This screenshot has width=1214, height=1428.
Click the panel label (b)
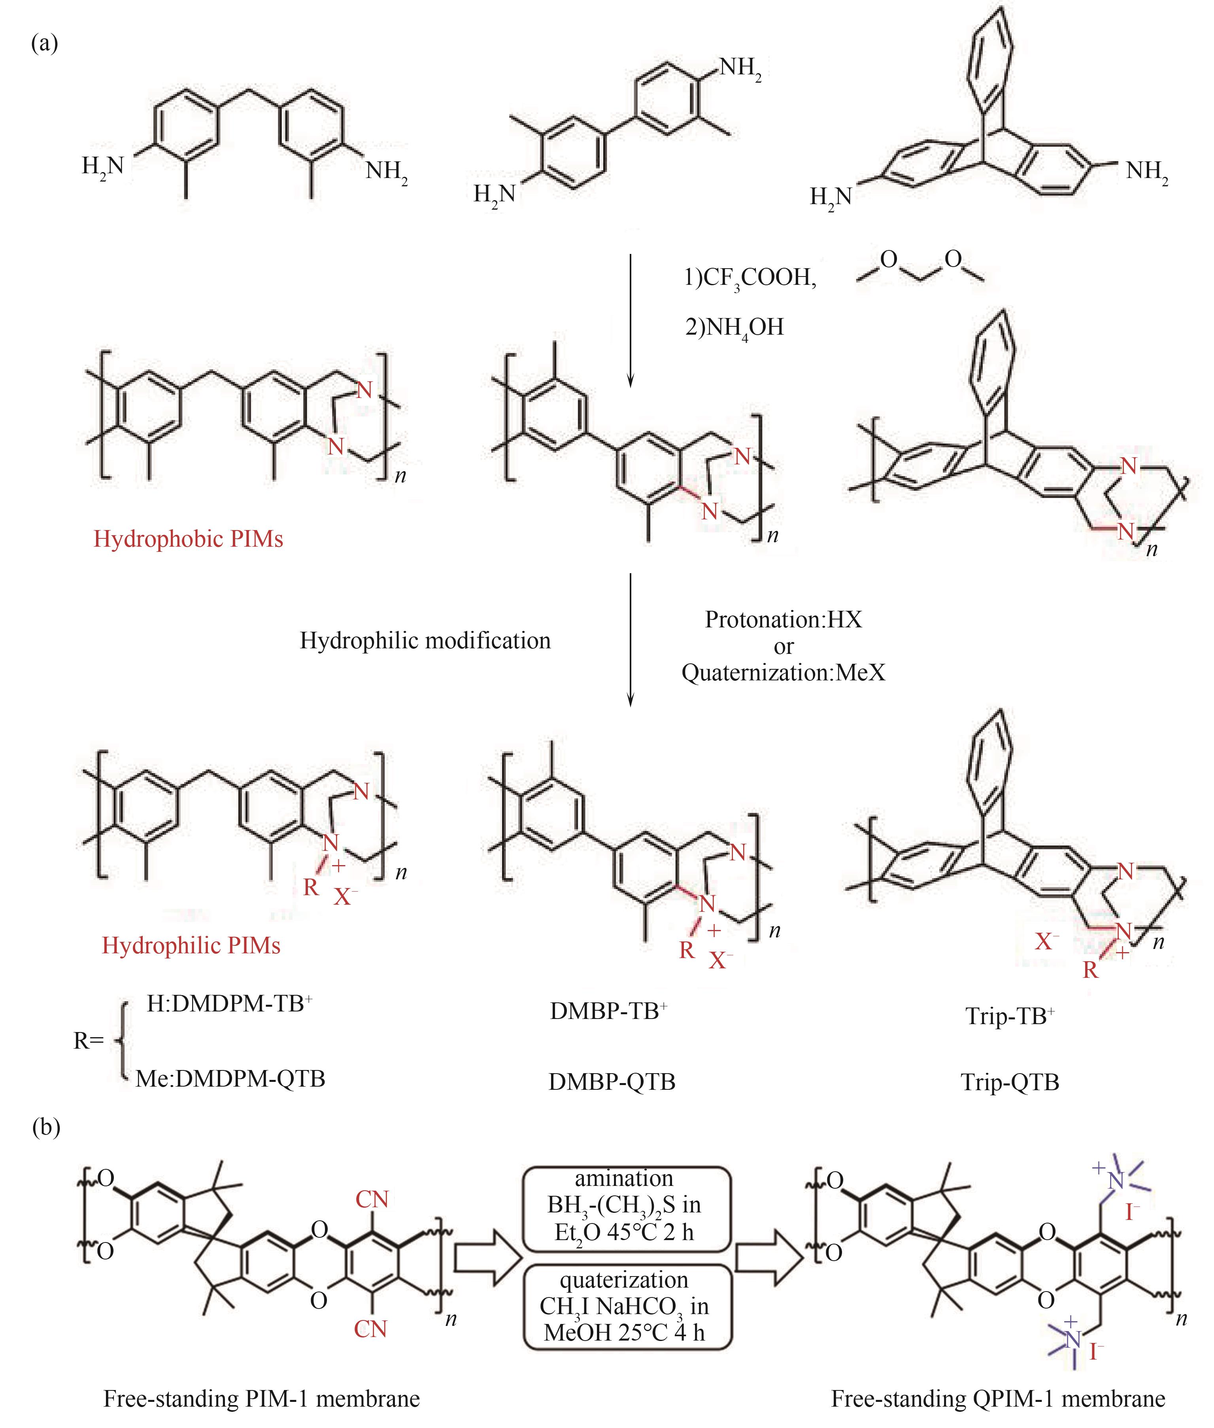(46, 1127)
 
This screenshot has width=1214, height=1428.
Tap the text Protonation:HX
(783, 620)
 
